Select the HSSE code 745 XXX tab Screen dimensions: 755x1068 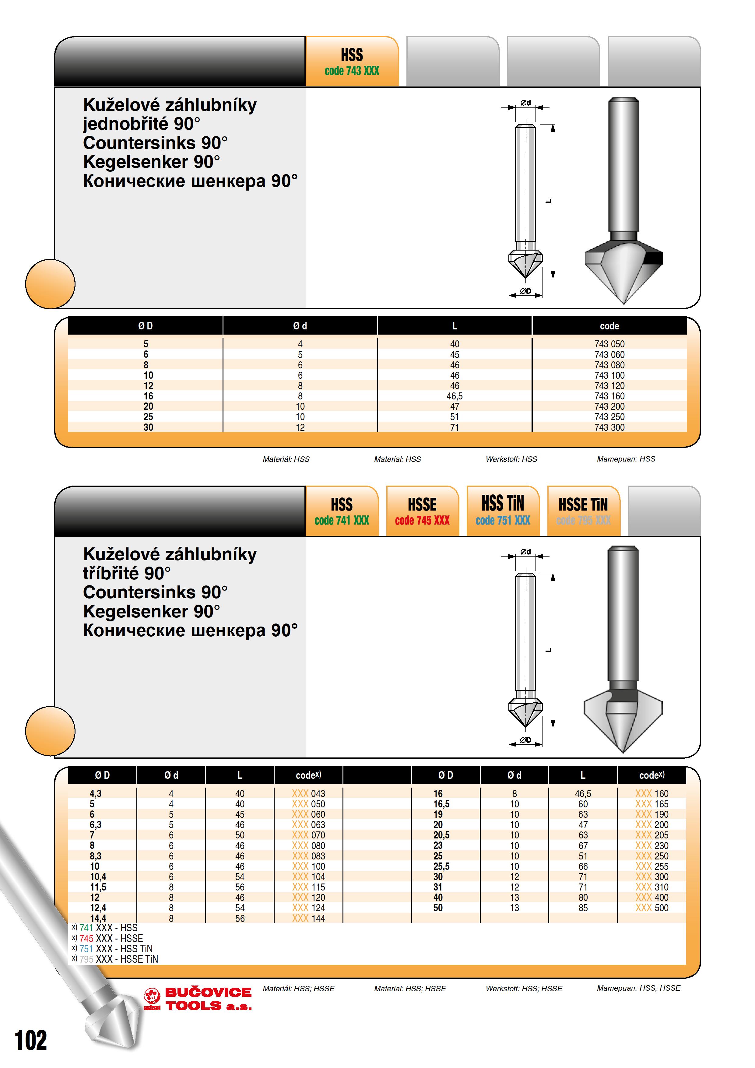[422, 511]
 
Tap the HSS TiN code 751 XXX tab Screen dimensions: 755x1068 [503, 511]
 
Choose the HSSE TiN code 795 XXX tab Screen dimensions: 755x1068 [583, 511]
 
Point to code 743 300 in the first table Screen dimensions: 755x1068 [609, 427]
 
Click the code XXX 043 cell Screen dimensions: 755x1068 [308, 794]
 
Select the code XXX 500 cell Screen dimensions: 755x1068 [652, 908]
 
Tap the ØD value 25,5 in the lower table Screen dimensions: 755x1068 [441, 866]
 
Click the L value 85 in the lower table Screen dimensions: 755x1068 [583, 908]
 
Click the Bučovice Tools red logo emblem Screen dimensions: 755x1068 [152, 998]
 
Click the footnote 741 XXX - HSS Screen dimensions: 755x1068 [105, 928]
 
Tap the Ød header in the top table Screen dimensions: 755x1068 [300, 326]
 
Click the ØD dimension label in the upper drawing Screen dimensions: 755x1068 [526, 291]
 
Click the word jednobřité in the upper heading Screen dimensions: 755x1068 [125, 124]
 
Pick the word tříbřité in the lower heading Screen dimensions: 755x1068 [111, 574]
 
